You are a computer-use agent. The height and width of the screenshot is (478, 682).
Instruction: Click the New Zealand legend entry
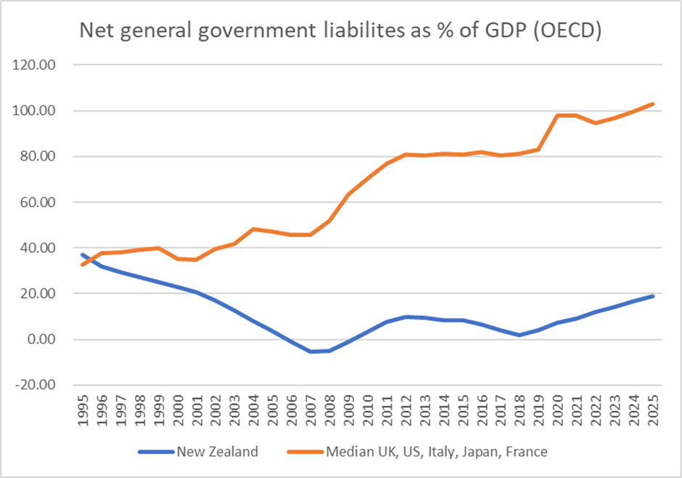216,452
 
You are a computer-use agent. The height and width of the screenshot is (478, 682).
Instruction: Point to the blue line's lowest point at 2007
310,352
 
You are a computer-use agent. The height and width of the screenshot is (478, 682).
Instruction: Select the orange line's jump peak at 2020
556,116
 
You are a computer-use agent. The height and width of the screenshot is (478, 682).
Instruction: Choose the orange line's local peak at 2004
253,230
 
